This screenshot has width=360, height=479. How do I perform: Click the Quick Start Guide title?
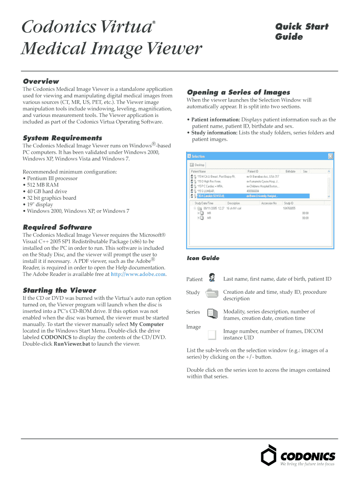(301, 31)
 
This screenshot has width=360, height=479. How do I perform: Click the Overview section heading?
(41, 81)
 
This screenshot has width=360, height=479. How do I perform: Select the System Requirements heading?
(62, 138)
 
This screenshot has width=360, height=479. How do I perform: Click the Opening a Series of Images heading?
(238, 92)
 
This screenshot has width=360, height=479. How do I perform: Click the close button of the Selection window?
(330, 156)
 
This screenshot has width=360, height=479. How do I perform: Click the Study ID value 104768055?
(288, 208)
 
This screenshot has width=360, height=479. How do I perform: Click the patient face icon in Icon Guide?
(212, 278)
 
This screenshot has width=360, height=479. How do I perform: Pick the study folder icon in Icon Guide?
(212, 293)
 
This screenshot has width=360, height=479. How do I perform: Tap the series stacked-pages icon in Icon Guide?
(212, 313)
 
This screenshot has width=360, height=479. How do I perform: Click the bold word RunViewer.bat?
(72, 344)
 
